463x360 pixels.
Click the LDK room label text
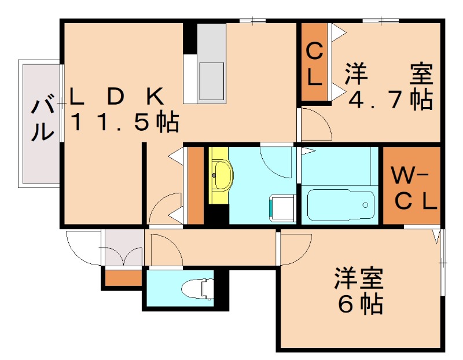[118, 96]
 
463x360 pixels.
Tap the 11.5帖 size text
[124, 122]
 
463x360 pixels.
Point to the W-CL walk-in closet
[411, 186]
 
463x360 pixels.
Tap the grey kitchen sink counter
[211, 64]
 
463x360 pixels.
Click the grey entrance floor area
[123, 248]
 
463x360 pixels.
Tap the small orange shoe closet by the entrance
[123, 278]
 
